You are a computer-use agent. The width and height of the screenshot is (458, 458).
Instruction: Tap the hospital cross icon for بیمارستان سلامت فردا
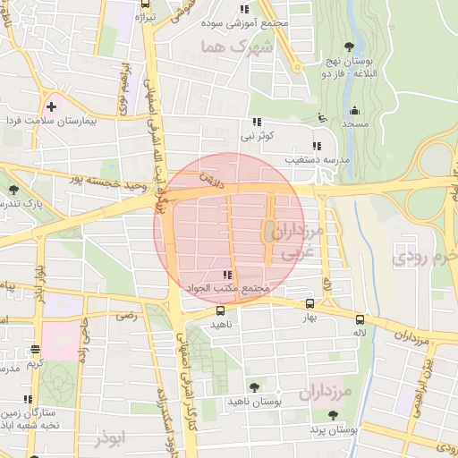51,106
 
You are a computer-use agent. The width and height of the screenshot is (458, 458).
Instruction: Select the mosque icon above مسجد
355,111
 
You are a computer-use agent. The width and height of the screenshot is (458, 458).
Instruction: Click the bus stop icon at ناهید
221,310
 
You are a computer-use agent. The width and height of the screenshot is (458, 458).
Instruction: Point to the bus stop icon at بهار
310,304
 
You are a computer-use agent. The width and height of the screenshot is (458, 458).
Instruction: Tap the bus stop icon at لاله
360,318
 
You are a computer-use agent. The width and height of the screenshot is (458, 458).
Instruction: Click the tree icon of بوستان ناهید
254,386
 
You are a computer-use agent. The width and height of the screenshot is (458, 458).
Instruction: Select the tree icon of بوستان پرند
333,415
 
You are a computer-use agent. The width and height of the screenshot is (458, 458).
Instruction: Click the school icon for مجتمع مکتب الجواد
227,275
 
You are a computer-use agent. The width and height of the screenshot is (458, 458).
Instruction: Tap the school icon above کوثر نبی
258,122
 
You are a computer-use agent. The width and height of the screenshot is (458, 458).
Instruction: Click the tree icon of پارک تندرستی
14,190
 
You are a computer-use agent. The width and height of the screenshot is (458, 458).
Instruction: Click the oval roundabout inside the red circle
267,231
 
